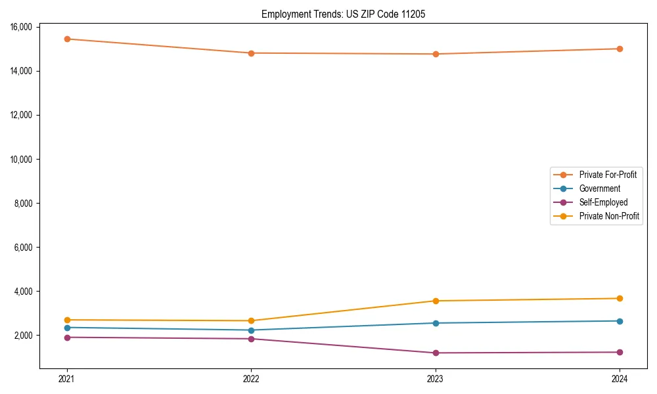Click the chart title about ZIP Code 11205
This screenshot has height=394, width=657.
tap(343, 14)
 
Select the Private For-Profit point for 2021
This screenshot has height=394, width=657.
tap(67, 39)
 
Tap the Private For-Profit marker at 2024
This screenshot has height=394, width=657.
tap(620, 49)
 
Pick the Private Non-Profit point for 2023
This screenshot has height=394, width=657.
tap(436, 301)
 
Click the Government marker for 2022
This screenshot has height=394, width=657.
tap(251, 330)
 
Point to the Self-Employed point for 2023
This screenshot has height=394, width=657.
tap(436, 353)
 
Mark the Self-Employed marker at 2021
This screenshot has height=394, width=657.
tap(67, 338)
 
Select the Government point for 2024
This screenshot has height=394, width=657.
tap(620, 321)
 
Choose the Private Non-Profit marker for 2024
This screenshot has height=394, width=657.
tap(620, 299)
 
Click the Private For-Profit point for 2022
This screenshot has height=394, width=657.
tap(251, 53)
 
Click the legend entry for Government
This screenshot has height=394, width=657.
tap(599, 188)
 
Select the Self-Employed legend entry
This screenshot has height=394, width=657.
tap(603, 202)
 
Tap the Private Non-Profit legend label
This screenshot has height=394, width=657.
tap(609, 216)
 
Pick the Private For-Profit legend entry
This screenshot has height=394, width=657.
tap(608, 175)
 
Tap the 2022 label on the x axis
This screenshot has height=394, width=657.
tap(251, 378)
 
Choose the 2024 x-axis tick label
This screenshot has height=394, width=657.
tap(620, 378)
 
